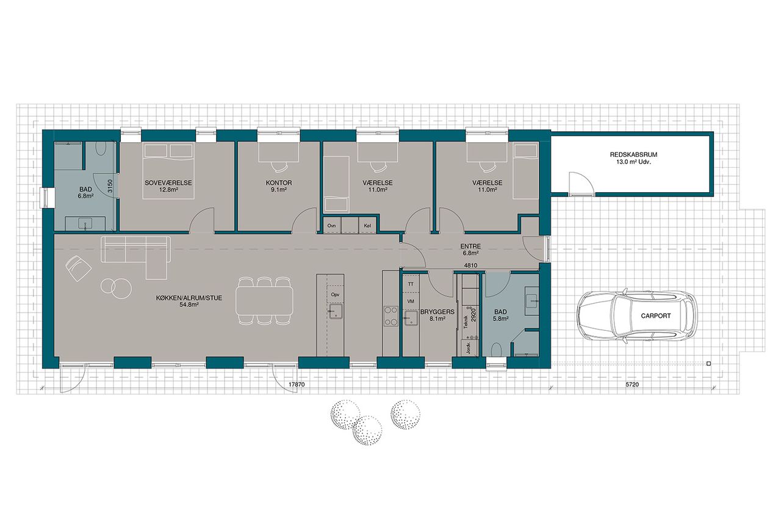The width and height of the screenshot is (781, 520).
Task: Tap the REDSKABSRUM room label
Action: [x=633, y=154]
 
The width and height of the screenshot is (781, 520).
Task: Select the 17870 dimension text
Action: [x=297, y=385]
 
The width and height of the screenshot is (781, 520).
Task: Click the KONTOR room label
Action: [x=279, y=182]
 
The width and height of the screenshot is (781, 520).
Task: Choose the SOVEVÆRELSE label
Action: [x=168, y=182]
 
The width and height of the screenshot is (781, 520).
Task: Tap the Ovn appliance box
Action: [x=331, y=225]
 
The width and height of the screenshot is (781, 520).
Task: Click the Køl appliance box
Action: [x=367, y=225]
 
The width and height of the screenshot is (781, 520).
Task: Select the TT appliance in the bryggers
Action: [x=411, y=284]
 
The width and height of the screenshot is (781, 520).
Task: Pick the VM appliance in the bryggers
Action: [x=411, y=301]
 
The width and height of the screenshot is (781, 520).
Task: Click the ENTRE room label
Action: [x=470, y=247]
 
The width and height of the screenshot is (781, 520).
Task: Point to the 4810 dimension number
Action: [x=470, y=265]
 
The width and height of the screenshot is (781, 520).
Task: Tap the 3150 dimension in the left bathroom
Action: [x=110, y=186]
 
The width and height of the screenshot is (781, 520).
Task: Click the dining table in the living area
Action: [x=264, y=300]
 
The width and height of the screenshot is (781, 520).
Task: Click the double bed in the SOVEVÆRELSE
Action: [x=168, y=171]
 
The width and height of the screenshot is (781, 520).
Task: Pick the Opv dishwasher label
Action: [x=335, y=295]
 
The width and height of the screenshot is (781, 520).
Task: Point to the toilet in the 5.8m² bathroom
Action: [x=497, y=349]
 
